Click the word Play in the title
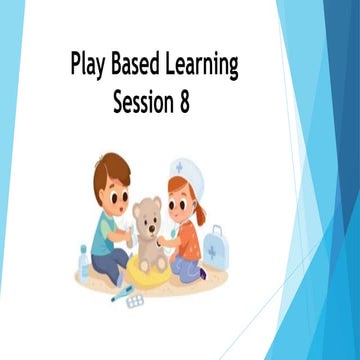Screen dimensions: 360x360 (91, 66)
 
